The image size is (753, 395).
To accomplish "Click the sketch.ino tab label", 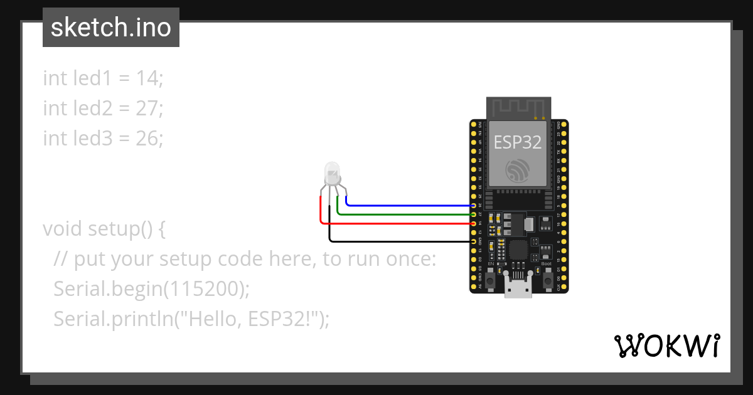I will point(111,28).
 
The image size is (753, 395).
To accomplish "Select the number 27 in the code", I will point(149,108).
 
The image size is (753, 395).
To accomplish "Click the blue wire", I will point(408,205).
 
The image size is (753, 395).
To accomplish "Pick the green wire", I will point(408,214).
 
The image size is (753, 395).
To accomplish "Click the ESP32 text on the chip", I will point(518,142).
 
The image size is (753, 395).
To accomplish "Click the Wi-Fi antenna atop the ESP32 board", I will point(519,108).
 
